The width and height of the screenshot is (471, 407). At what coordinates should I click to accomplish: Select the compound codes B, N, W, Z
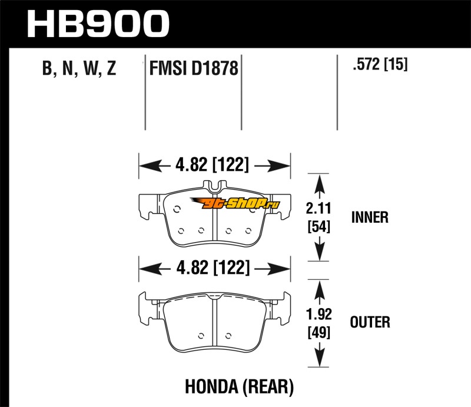[79, 70]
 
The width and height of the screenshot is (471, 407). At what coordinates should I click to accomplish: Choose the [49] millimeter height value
[318, 332]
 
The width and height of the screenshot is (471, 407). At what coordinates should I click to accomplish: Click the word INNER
[370, 217]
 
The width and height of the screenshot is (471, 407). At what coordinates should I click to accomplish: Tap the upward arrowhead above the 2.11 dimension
[318, 182]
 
